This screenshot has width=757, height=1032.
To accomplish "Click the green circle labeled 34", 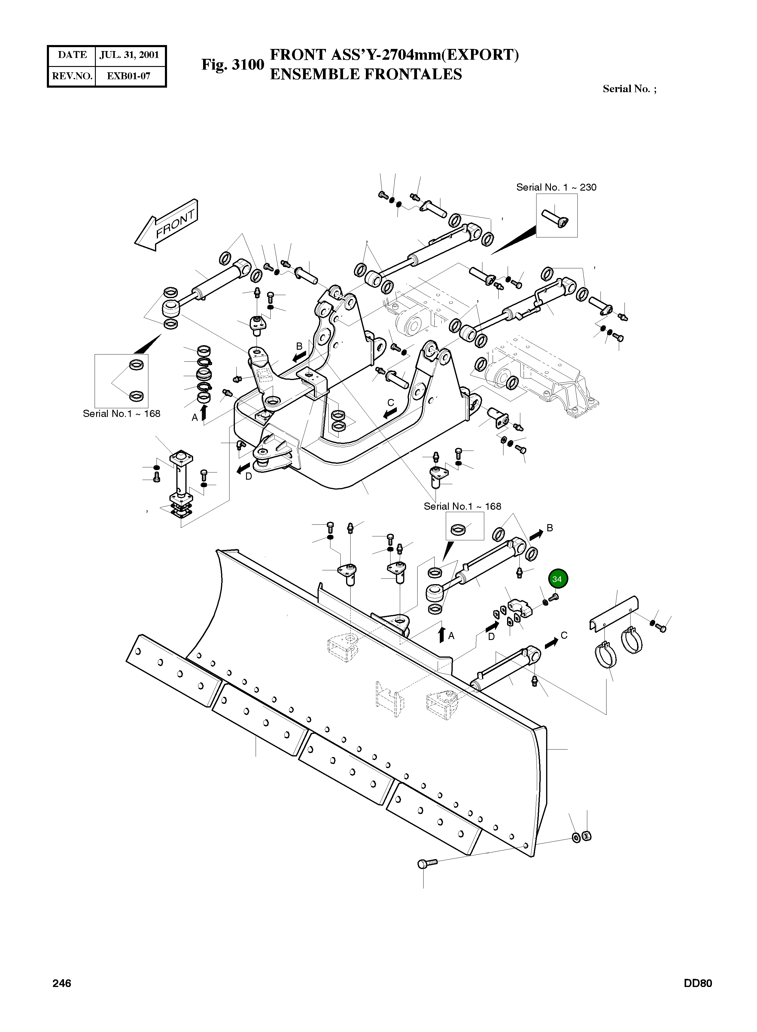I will click(556, 579).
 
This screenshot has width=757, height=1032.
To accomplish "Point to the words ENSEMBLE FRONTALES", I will click(366, 74).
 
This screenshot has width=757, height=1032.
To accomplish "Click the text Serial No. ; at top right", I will click(629, 89).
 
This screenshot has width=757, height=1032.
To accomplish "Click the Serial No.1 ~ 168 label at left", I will click(121, 413).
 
